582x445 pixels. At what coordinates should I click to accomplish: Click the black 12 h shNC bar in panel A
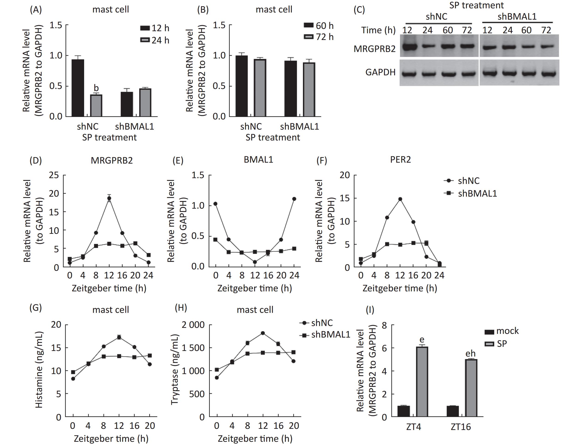(x=78, y=88)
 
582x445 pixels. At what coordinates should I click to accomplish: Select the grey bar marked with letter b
(x=96, y=105)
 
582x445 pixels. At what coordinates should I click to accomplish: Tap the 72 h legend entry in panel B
(x=318, y=37)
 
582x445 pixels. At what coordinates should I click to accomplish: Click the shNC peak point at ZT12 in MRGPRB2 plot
(x=109, y=198)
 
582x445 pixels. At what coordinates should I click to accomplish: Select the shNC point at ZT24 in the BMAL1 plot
(x=294, y=199)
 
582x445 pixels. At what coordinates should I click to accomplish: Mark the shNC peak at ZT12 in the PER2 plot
(x=400, y=199)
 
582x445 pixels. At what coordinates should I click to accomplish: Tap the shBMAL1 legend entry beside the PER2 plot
(x=470, y=193)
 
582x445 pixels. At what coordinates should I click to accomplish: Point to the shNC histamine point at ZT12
(x=119, y=337)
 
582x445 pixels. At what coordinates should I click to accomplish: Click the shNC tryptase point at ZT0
(x=217, y=378)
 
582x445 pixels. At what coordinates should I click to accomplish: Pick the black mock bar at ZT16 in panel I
(x=453, y=411)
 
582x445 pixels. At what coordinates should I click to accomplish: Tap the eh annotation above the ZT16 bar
(x=470, y=354)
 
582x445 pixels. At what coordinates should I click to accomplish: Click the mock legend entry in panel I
(x=501, y=331)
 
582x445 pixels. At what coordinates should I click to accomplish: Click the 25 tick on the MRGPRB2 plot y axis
(x=54, y=175)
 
